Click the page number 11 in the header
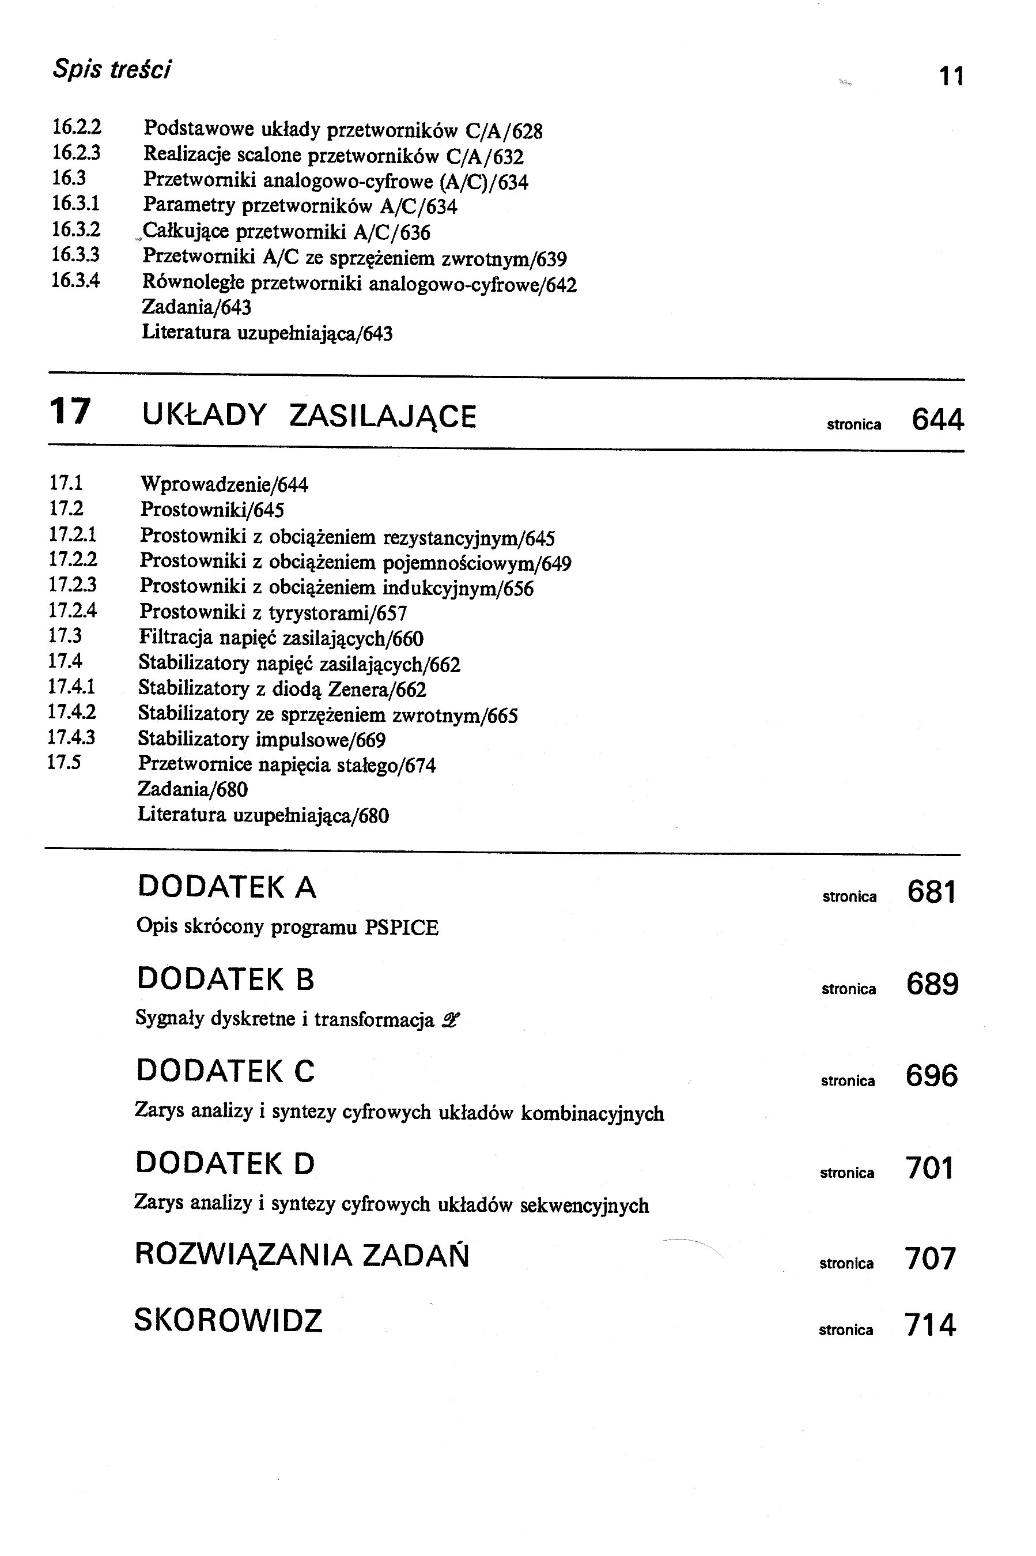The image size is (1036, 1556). click(951, 77)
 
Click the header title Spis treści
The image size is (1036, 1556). click(112, 69)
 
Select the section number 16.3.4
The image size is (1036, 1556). click(75, 280)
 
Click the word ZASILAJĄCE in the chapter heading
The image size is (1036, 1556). click(383, 416)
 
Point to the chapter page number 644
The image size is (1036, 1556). click(937, 420)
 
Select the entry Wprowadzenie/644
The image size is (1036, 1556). click(224, 485)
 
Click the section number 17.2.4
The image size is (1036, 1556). click(73, 610)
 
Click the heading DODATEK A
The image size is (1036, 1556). click(226, 887)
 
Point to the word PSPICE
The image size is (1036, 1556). click(401, 928)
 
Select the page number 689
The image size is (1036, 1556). click(932, 984)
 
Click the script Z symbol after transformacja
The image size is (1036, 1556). click(451, 1020)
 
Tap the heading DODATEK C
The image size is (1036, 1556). click(225, 1071)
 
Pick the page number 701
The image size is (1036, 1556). click(929, 1168)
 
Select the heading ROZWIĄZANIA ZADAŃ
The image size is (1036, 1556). click(301, 1254)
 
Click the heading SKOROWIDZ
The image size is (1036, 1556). click(228, 1321)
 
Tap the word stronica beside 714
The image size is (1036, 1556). click(846, 1330)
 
